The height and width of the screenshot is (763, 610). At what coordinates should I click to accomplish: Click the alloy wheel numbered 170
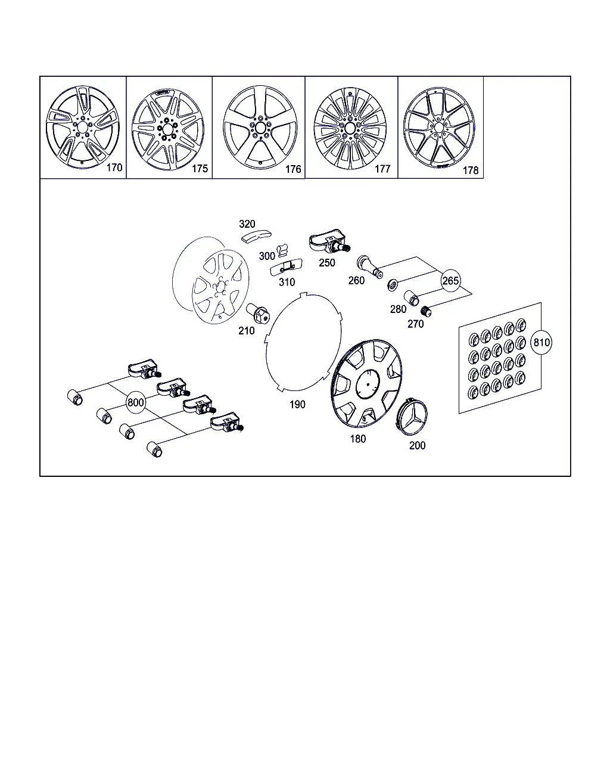tap(83, 127)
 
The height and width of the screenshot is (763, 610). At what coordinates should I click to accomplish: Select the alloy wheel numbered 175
tap(168, 129)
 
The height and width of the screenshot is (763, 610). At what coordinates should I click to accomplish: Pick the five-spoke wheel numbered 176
tap(260, 128)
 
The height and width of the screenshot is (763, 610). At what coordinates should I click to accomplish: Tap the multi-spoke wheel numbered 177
tap(350, 128)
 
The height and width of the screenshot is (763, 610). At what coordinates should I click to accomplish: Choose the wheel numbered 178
tap(439, 128)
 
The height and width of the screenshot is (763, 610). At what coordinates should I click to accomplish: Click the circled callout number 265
tap(450, 281)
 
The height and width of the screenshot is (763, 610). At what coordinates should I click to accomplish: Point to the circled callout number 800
tap(136, 402)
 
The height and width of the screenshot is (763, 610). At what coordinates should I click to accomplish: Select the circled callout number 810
tap(541, 343)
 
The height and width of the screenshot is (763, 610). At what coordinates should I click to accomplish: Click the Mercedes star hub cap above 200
tap(412, 416)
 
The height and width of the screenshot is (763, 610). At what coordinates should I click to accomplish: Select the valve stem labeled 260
tap(370, 266)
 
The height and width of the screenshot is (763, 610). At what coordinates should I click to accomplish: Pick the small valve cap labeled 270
tap(425, 311)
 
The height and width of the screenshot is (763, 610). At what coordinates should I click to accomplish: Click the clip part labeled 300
tap(282, 250)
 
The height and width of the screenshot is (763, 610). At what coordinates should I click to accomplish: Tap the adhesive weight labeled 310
tap(286, 267)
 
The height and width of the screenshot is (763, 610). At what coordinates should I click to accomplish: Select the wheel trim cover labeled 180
tap(366, 384)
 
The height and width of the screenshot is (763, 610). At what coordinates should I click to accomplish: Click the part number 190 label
tap(297, 404)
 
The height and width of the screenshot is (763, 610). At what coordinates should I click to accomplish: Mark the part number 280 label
tap(398, 309)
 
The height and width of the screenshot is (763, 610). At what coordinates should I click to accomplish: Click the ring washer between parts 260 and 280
tap(393, 285)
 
